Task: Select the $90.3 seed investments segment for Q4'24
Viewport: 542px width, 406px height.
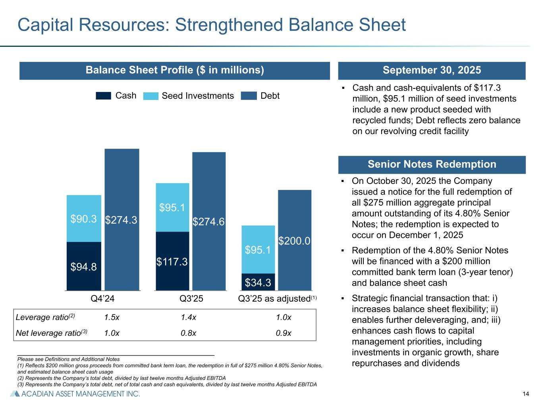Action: pos(84,218)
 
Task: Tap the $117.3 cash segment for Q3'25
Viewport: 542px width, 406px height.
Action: pos(172,261)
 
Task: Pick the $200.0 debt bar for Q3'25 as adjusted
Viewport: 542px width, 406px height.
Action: pos(294,240)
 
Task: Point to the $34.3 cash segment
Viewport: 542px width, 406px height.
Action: pos(258,282)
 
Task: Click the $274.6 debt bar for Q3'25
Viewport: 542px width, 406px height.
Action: pos(209,222)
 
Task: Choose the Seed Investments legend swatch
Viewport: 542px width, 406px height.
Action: pos(150,96)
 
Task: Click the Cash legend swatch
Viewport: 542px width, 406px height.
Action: pos(103,96)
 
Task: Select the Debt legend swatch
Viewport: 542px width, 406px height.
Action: pos(249,96)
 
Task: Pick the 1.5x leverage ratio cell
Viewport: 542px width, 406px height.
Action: pos(112,318)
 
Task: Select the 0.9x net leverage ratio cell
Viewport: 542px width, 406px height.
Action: pos(284,333)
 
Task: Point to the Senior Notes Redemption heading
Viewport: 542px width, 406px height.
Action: pos(432,165)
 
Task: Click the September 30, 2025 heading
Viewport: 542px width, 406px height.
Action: pos(432,71)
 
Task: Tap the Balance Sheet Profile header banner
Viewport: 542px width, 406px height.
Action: pos(175,71)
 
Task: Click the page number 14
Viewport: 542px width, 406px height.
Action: pos(526,394)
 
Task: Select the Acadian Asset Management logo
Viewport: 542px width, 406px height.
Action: pos(75,394)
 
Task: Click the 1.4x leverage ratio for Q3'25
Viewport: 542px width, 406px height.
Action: pos(188,318)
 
